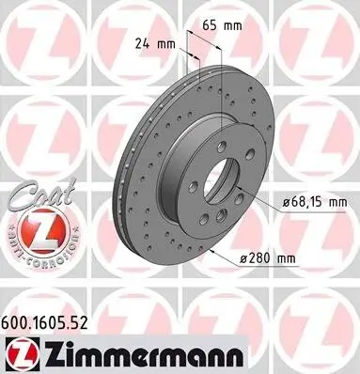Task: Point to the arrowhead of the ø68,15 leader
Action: pos(236,190)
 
